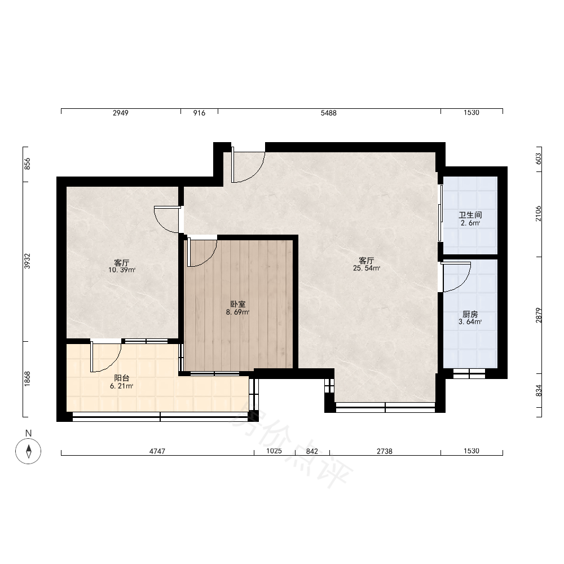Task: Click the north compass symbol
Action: click(x=28, y=451)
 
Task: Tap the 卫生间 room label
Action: click(x=470, y=215)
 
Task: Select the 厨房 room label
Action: click(x=470, y=314)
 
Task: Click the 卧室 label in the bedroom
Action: click(x=238, y=305)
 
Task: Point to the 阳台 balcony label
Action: click(x=122, y=378)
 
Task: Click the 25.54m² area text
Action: click(x=367, y=268)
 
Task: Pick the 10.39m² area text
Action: click(x=122, y=270)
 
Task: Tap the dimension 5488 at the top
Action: click(x=329, y=113)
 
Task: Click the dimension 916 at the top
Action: click(x=199, y=113)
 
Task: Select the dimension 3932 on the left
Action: click(x=27, y=261)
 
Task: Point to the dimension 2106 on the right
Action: click(x=538, y=214)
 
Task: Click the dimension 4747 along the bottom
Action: click(x=157, y=451)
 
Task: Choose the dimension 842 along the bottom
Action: click(x=312, y=451)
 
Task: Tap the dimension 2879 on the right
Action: click(x=538, y=315)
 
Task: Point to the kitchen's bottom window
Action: click(x=469, y=373)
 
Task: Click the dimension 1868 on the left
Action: click(x=27, y=379)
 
